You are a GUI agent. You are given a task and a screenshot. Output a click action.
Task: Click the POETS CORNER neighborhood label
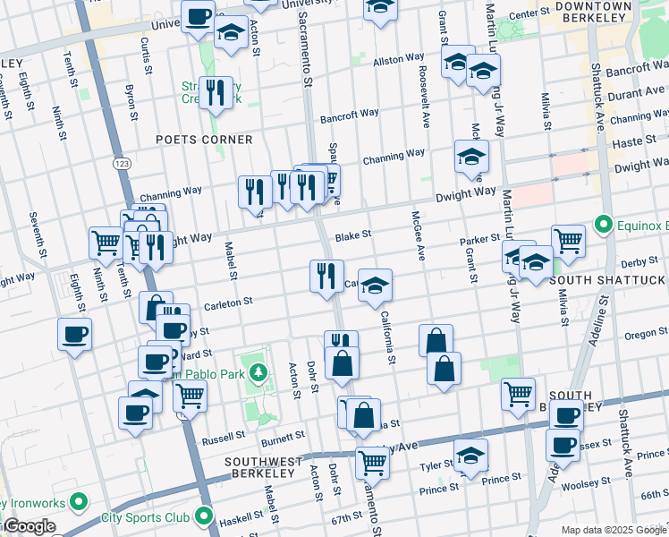pos(203,140)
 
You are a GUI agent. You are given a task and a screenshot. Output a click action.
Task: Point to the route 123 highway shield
pos(121,163)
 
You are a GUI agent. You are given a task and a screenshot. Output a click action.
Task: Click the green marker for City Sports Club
pos(204,516)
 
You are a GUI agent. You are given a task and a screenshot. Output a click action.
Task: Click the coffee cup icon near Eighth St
pos(74,334)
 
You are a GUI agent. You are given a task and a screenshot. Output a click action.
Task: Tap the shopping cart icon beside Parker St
pos(568,240)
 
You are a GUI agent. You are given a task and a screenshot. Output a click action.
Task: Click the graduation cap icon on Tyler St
pos(470,455)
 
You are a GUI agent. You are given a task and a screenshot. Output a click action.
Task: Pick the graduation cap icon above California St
pos(376,285)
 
